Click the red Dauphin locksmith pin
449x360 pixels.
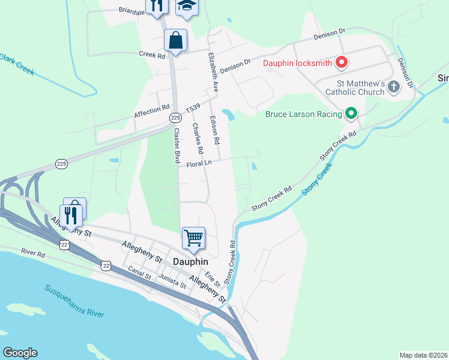tap(341, 62)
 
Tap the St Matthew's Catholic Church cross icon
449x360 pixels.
tap(394, 87)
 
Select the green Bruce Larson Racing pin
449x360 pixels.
tap(351, 113)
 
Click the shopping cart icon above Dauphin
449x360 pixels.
tap(193, 238)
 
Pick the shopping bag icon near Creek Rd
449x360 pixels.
tap(175, 41)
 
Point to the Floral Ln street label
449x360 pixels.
tap(200, 163)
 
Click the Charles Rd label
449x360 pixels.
tap(197, 138)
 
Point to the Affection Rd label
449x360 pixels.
tap(151, 110)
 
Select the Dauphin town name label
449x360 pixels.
tap(190, 262)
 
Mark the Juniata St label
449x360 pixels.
tap(172, 281)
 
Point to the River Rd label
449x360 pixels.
tap(33, 254)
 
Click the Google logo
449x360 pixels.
tap(20, 352)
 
